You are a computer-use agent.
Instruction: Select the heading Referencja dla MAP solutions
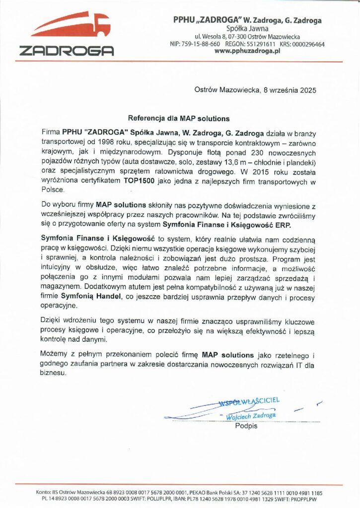tap(179, 119)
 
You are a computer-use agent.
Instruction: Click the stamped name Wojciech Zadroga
tap(250, 415)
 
